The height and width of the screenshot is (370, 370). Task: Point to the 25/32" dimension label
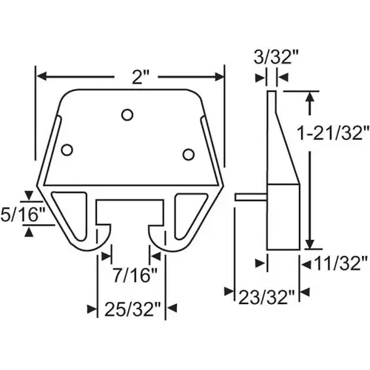click(x=129, y=307)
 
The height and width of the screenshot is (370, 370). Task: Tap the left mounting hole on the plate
click(x=67, y=149)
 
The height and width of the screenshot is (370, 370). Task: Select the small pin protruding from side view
click(x=249, y=197)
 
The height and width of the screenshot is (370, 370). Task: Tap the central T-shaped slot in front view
click(x=130, y=215)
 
